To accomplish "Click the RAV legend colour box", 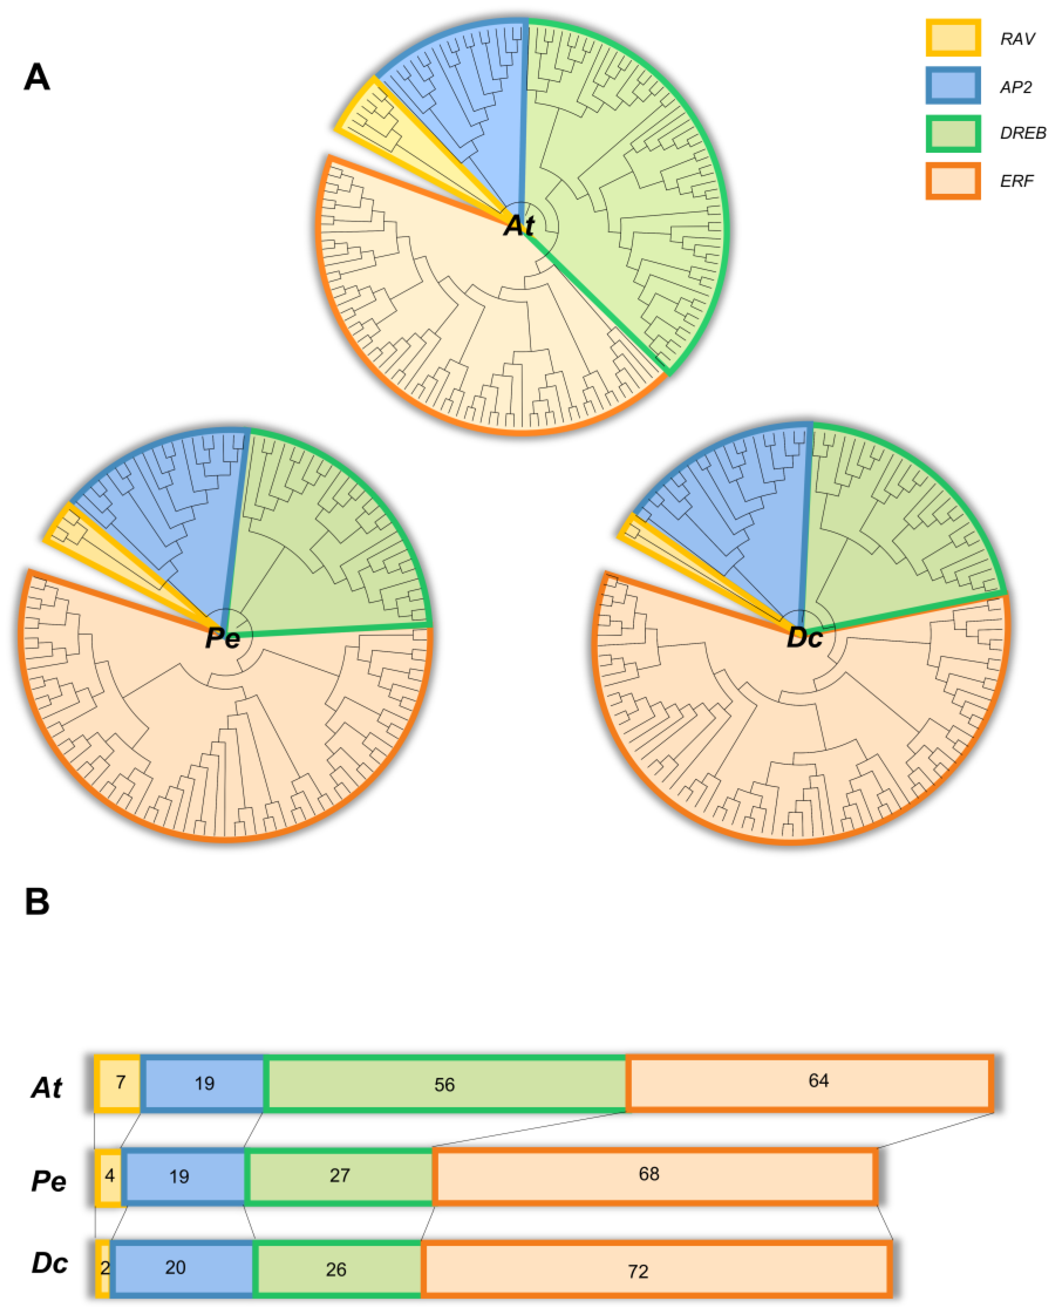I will [952, 38].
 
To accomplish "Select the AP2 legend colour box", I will [952, 85].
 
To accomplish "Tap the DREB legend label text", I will [1022, 133].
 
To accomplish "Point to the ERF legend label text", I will [1016, 181].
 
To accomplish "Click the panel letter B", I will [37, 902].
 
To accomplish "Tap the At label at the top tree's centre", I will [519, 225].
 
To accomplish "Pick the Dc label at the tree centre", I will [804, 638].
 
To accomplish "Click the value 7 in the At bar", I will [120, 1082].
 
